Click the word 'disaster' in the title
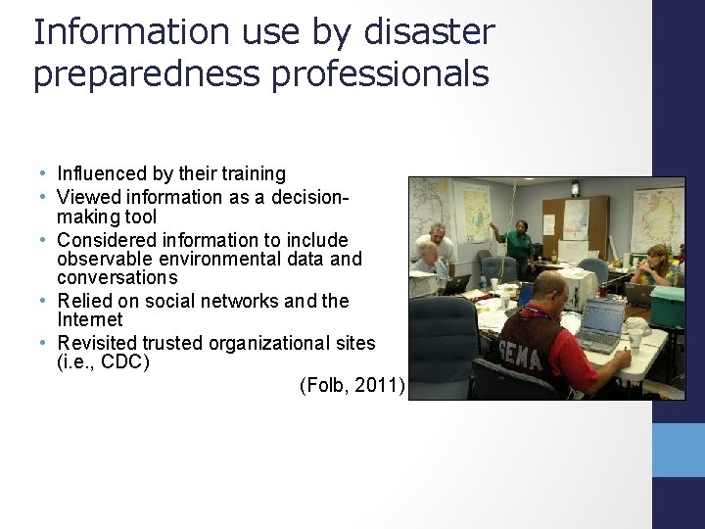(x=427, y=32)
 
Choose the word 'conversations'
(x=117, y=277)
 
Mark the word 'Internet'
(x=90, y=320)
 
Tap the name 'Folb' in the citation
(x=324, y=386)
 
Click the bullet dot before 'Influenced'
(x=46, y=174)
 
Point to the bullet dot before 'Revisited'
(x=46, y=344)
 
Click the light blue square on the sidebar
(x=678, y=450)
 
